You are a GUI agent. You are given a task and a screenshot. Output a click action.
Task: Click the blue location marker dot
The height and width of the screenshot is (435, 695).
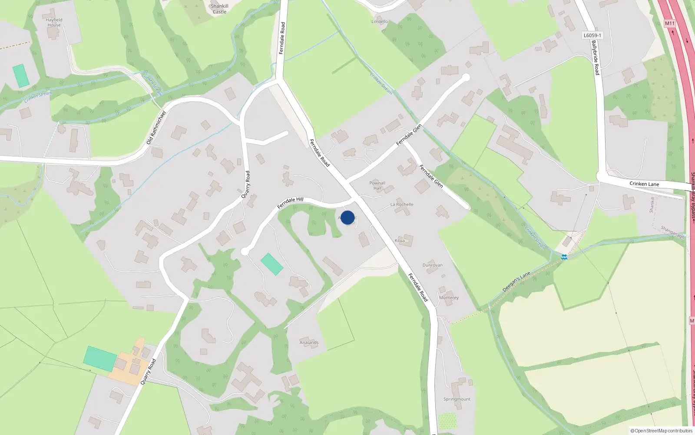coord(347,217)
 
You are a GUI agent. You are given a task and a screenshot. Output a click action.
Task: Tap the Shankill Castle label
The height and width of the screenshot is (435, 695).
coord(219,9)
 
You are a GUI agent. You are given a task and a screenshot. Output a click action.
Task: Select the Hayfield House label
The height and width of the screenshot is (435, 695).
coord(54,22)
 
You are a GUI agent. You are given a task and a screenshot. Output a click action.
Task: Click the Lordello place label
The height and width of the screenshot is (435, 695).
coord(380,21)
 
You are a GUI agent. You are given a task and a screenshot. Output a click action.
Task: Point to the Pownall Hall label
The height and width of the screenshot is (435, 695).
coord(377,185)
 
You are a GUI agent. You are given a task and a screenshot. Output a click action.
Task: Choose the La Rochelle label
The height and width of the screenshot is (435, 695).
coord(402,204)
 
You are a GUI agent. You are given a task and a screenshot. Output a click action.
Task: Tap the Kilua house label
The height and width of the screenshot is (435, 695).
coord(400,241)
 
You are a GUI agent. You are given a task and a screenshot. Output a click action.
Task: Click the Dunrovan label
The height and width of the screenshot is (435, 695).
coord(432,265)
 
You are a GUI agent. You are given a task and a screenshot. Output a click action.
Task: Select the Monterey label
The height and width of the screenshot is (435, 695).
coord(449,298)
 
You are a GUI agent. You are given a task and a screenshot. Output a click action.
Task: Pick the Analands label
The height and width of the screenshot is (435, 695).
coord(309,343)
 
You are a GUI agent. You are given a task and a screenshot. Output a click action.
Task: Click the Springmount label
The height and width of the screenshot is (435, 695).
coord(457,399)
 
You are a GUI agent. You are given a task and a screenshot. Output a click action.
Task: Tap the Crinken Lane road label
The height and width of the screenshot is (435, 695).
coord(644,184)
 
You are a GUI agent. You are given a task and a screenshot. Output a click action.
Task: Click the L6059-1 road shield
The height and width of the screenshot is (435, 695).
coord(592,36)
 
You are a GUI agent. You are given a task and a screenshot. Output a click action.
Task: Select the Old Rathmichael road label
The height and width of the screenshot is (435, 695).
coord(156,128)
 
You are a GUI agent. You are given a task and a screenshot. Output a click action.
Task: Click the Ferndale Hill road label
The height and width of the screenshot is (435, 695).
coord(290,203)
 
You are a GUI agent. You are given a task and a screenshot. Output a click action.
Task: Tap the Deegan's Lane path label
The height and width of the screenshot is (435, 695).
coord(516,282)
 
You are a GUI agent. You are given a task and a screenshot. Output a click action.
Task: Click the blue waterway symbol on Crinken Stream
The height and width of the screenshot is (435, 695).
coord(564,257)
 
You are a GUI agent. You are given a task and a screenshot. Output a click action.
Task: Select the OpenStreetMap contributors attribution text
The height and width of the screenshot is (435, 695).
coord(662,431)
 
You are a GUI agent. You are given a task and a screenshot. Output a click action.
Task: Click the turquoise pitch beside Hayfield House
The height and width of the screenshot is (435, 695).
coord(21,76)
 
